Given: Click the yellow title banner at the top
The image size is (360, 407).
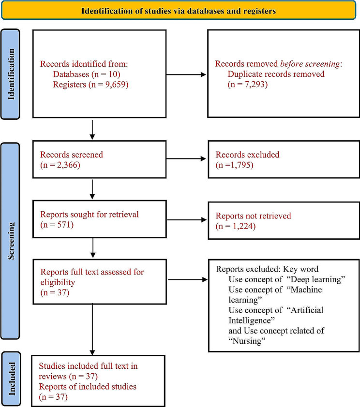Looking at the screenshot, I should [180, 10].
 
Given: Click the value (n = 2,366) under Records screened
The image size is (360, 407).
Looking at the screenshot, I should [60, 165].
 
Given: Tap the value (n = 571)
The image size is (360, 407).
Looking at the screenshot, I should [57, 224].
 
